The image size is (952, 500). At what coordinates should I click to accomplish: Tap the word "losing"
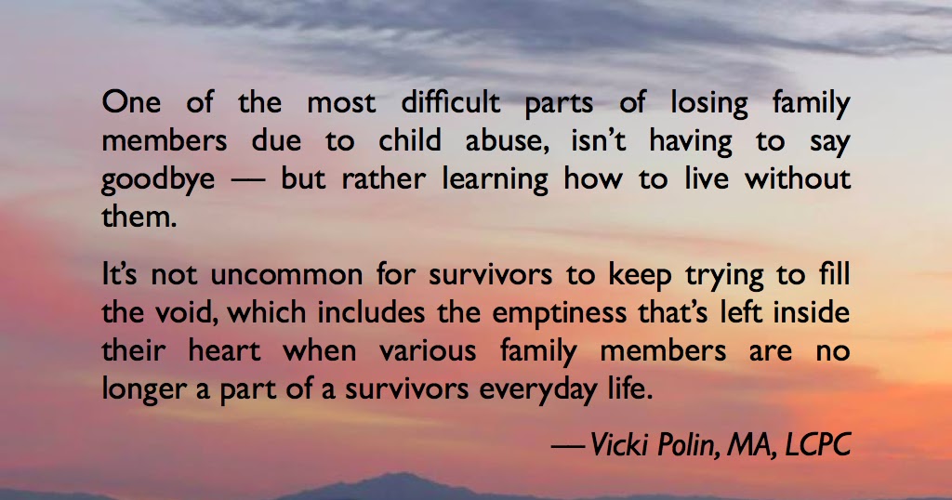(723, 103)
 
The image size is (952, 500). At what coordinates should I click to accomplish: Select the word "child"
(412, 141)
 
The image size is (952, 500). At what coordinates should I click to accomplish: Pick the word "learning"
(491, 179)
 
